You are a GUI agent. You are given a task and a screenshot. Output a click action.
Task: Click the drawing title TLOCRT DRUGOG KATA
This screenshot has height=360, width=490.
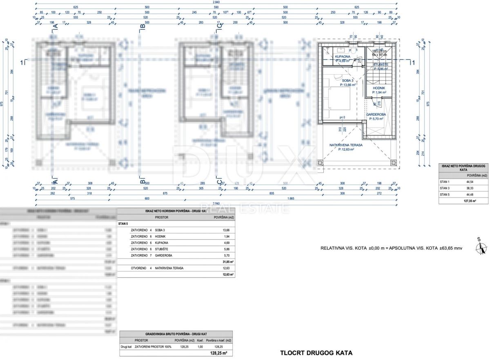316,353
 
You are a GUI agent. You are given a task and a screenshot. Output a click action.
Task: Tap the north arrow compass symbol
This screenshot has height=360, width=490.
481,247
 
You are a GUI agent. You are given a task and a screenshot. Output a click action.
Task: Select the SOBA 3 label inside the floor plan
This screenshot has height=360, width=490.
347,81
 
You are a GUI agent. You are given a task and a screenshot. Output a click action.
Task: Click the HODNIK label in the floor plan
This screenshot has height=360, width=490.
379,88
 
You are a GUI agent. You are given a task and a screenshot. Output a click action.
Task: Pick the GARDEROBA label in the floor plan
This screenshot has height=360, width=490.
376,115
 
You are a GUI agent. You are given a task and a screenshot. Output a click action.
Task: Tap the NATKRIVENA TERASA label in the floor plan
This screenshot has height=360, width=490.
346,144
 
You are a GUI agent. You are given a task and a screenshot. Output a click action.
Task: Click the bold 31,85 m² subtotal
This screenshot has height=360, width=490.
228,262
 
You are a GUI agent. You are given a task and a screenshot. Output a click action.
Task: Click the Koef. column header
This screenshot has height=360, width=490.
200,340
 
